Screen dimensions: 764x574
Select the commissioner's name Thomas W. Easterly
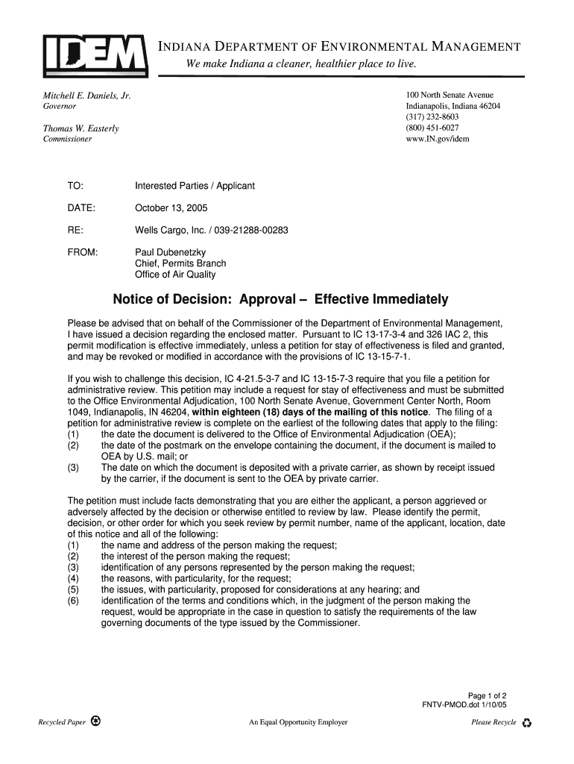(81, 129)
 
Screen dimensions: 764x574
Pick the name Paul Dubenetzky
(170, 252)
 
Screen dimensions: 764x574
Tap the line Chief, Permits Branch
(180, 263)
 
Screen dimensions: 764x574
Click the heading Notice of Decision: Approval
(280, 300)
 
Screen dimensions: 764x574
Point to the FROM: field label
(83, 252)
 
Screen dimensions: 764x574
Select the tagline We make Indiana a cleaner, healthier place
(301, 65)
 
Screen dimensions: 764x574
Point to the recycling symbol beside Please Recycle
(527, 723)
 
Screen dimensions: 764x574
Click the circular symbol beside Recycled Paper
(96, 721)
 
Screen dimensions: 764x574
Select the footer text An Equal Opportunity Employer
(298, 722)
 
